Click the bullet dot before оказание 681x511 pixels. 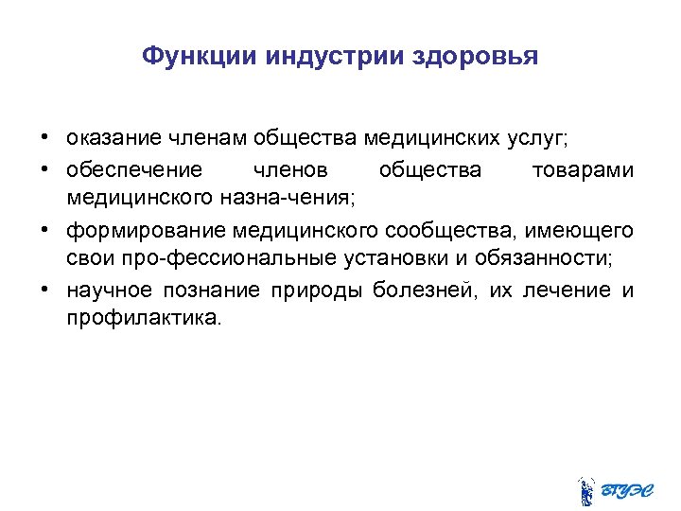[x=45, y=139]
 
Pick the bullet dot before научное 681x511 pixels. [x=45, y=290]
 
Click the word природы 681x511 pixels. [x=320, y=290]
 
